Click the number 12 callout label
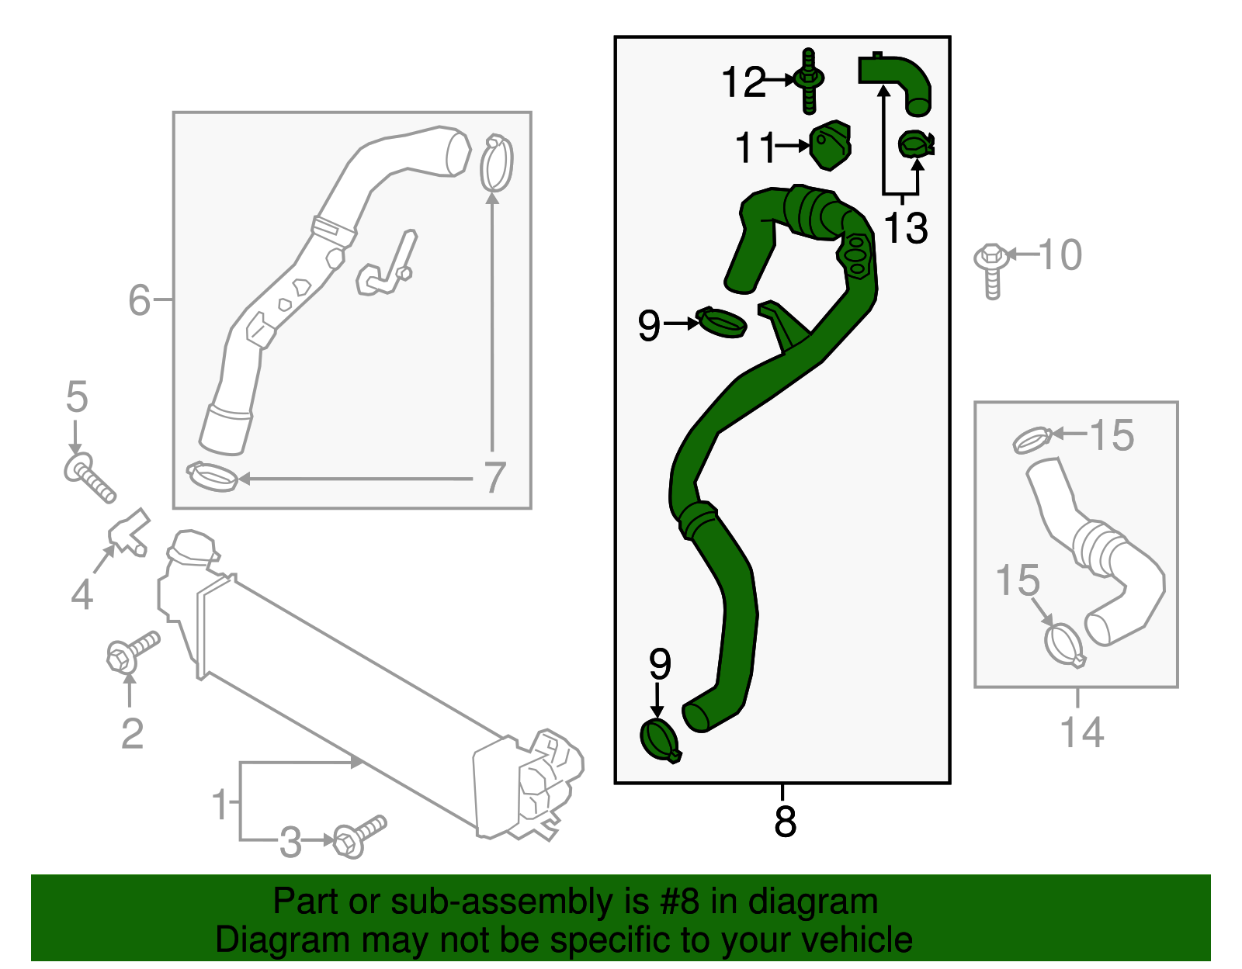point(743,82)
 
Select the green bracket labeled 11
point(831,145)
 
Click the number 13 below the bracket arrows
point(905,228)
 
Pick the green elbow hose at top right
point(899,78)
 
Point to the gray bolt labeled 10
point(992,268)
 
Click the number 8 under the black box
point(785,821)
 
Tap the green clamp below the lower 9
point(660,740)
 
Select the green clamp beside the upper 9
point(723,322)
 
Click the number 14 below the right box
point(1081,732)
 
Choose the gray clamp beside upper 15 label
point(1032,441)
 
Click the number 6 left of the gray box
point(139,300)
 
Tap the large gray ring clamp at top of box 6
point(497,163)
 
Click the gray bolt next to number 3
point(359,836)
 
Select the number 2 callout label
point(132,733)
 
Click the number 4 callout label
point(82,595)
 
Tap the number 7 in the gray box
point(494,478)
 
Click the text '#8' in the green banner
point(679,902)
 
